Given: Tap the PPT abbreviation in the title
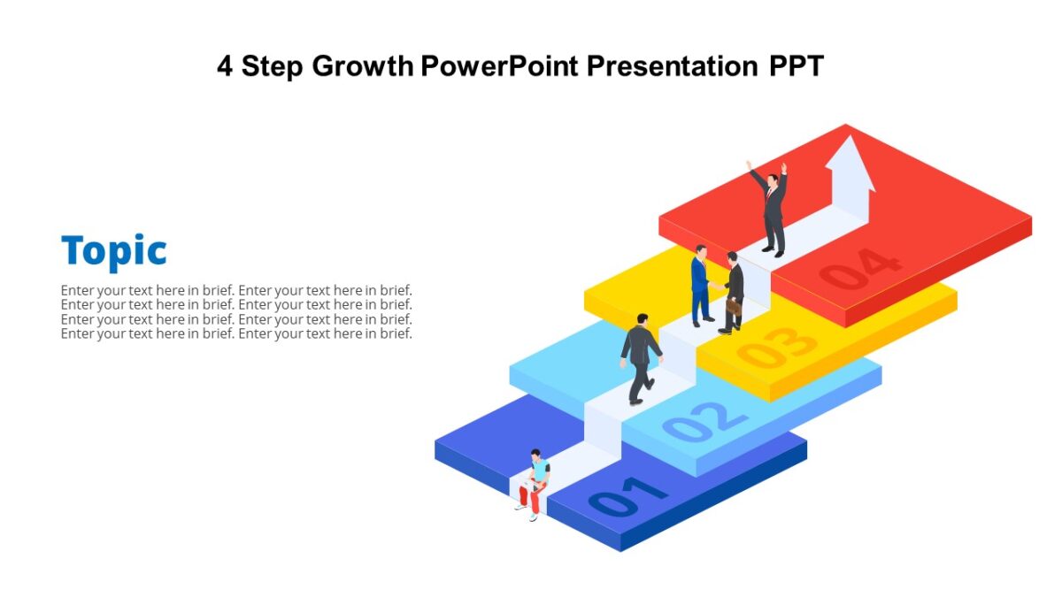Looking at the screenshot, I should [795, 66].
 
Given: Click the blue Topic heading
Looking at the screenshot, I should [113, 251].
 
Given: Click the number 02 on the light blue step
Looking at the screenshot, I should [704, 420].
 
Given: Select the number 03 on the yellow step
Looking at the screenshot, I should [778, 347].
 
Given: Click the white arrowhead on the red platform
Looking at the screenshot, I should [850, 164].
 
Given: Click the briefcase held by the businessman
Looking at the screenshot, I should [734, 307].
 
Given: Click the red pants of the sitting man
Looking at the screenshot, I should [530, 499].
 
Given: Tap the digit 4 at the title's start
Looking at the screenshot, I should [225, 66].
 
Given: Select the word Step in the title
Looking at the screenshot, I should [273, 66].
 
